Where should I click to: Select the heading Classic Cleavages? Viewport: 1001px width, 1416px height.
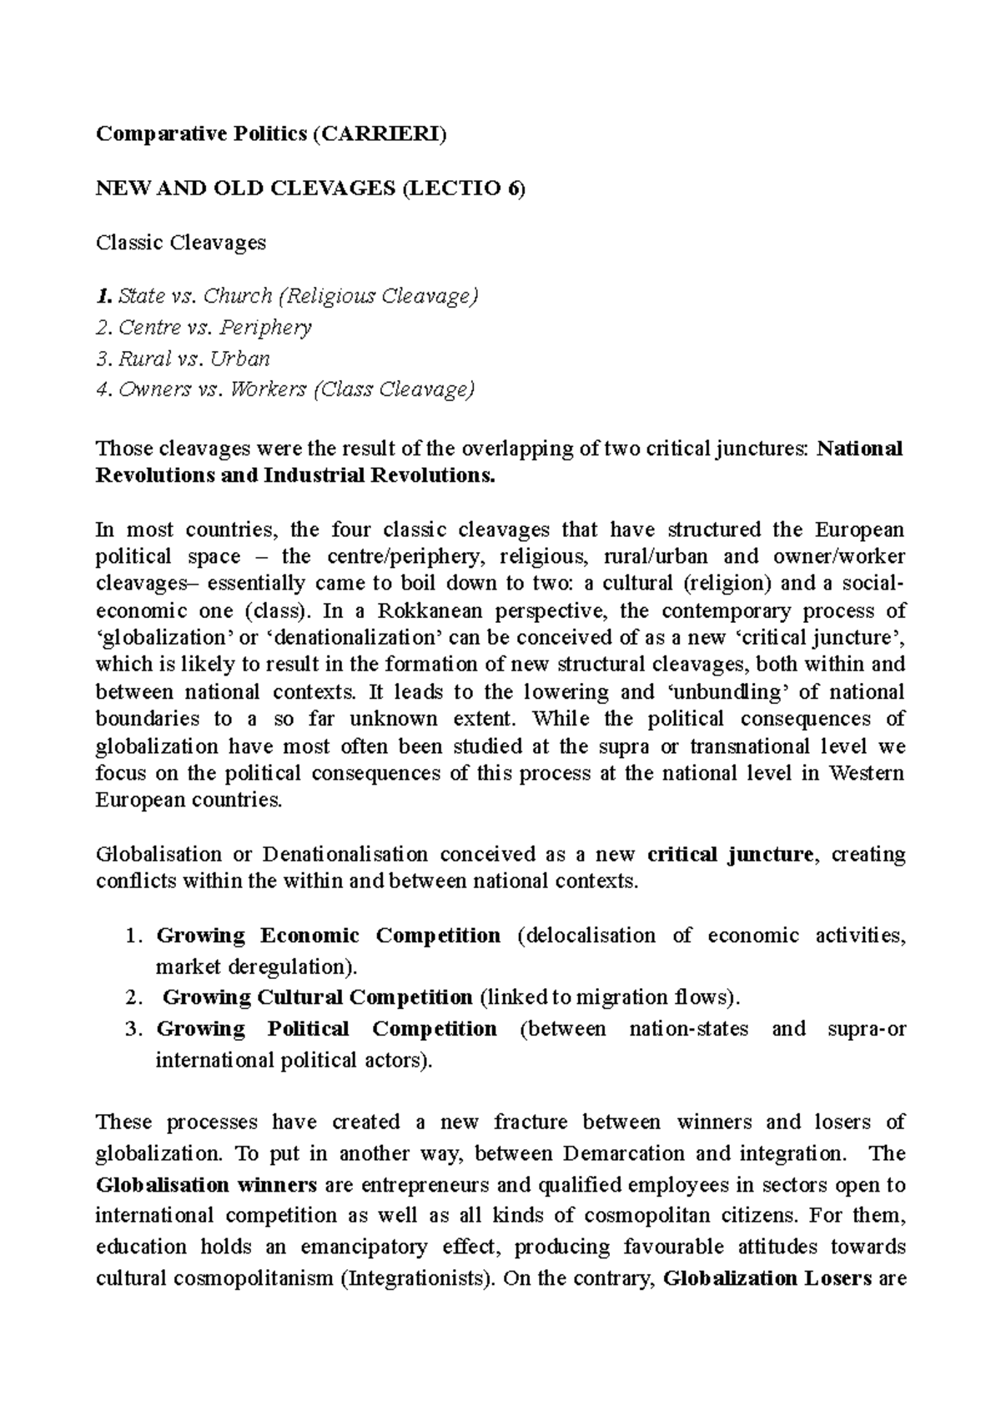[181, 243]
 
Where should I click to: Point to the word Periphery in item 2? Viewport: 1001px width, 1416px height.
[267, 328]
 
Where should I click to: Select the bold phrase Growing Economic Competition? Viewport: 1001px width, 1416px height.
[329, 936]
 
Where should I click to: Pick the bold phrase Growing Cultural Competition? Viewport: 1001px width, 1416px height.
[318, 997]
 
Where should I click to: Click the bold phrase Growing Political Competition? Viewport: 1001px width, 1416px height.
[327, 1029]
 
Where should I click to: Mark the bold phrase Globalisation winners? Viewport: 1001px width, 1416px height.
[206, 1185]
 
